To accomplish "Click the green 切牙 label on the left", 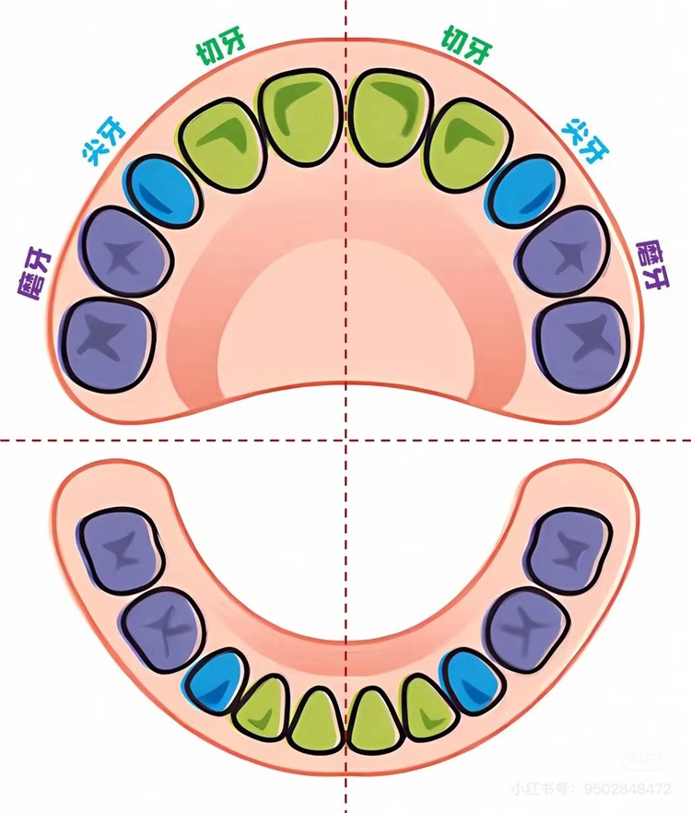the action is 220,46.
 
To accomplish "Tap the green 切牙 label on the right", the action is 466,46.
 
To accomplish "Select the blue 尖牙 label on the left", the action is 104,142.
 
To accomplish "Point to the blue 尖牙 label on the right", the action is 586,140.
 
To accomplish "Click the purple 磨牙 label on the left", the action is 34,273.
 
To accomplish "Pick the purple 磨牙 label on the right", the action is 652,265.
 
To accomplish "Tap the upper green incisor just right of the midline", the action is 391,118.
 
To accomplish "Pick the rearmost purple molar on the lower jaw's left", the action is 121,550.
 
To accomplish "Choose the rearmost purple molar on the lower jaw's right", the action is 568,550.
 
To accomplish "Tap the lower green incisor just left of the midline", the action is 316,721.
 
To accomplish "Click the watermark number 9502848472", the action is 627,789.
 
